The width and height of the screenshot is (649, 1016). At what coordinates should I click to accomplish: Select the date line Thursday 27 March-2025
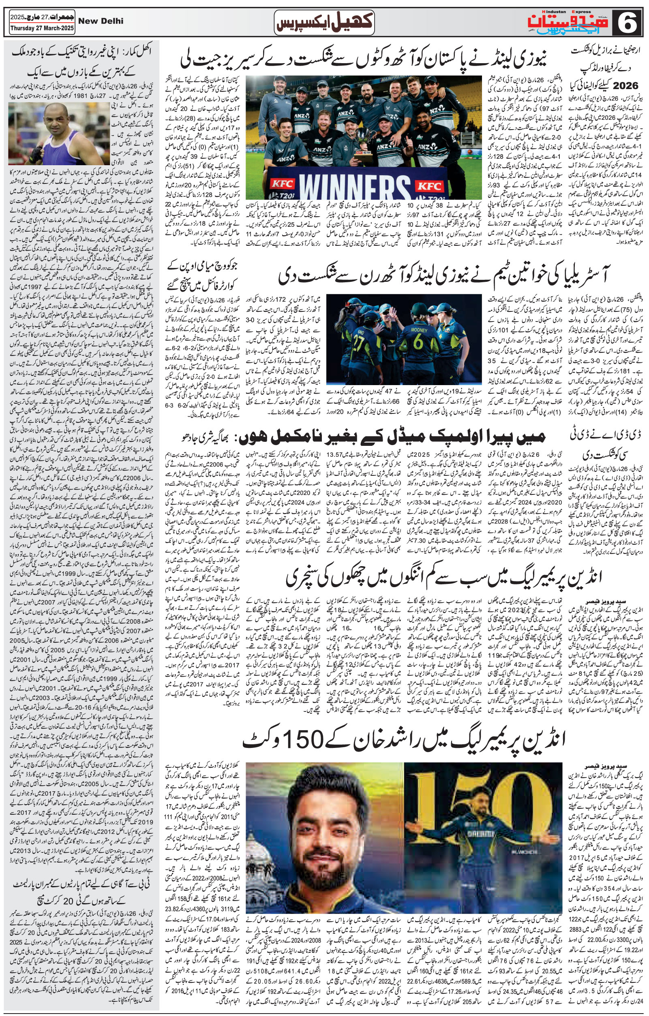[38, 29]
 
